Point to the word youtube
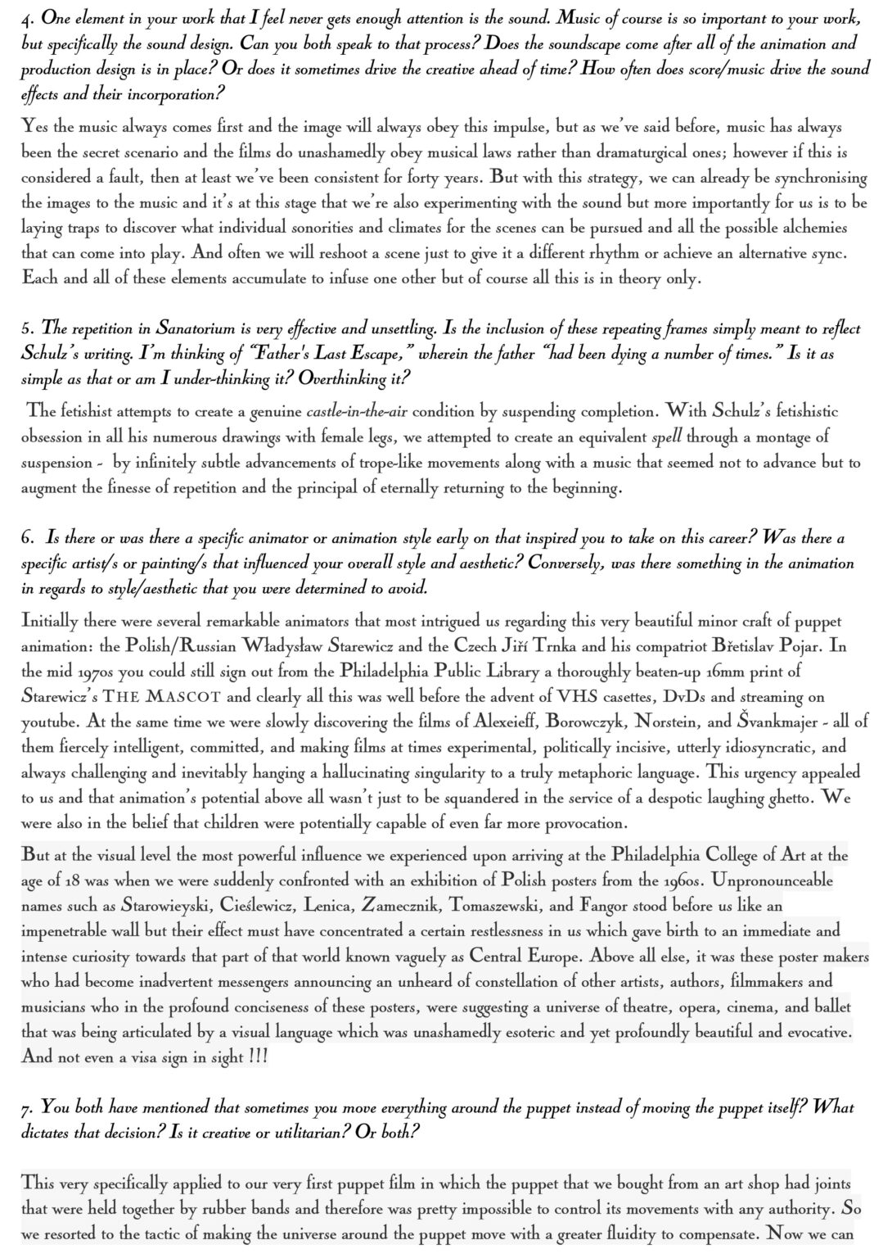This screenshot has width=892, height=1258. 51,722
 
